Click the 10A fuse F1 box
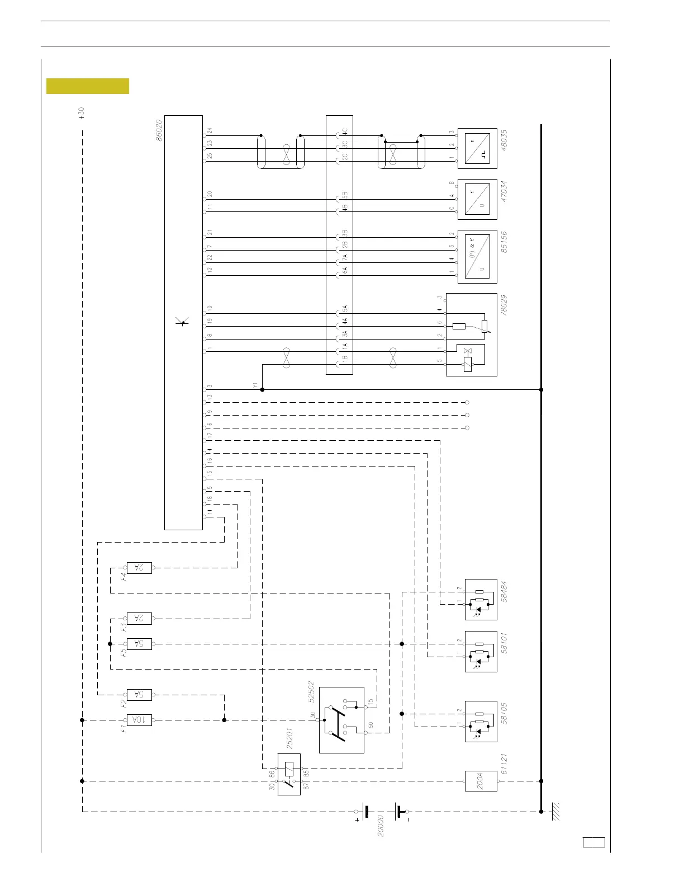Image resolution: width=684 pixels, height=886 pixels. (x=140, y=720)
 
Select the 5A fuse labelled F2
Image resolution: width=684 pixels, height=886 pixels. (x=140, y=695)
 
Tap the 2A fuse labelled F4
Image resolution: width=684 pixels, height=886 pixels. (x=140, y=568)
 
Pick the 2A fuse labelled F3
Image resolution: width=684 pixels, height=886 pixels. (x=140, y=618)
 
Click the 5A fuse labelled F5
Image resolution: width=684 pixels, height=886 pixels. (x=140, y=644)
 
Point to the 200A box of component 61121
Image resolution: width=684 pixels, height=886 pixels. (x=481, y=781)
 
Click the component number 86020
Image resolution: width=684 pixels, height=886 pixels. (x=159, y=129)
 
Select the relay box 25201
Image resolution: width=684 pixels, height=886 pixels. (x=289, y=774)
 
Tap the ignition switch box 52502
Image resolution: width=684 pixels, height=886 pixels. (x=341, y=720)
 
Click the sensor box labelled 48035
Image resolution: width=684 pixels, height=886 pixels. (x=477, y=148)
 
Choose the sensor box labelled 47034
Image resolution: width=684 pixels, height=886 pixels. (x=477, y=200)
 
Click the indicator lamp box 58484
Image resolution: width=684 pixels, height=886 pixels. (x=481, y=599)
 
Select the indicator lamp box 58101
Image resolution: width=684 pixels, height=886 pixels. (x=481, y=651)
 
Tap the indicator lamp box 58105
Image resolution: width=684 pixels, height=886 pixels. (x=481, y=721)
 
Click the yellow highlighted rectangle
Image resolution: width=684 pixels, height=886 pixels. (x=88, y=86)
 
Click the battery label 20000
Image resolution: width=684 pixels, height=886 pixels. (x=381, y=824)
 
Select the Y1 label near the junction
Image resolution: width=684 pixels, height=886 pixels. (x=255, y=385)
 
